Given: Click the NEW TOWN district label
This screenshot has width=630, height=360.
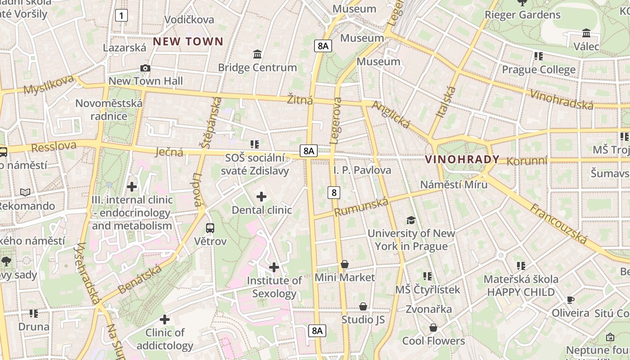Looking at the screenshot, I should [x=188, y=42].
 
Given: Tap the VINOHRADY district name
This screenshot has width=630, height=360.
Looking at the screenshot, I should [x=462, y=159].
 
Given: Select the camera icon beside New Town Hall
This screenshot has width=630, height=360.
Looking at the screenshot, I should [x=145, y=68].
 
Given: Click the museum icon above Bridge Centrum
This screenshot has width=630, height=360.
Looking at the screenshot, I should [x=257, y=54].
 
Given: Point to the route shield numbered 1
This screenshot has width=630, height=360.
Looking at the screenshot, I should [x=121, y=16].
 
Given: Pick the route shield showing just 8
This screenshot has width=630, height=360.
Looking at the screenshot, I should [x=333, y=193].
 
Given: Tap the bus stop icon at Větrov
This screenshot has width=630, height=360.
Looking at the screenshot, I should [x=210, y=228].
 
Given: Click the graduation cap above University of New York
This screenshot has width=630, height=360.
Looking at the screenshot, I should [x=411, y=220].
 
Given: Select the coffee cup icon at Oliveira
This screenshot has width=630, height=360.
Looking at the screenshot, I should [x=570, y=300].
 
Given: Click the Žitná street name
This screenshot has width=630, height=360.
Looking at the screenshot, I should [x=300, y=99].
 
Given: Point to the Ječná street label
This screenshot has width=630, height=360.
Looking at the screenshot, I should [x=169, y=152].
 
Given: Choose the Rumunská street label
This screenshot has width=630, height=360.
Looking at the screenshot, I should [x=361, y=207].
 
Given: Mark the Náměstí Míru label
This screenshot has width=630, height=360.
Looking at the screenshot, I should [x=454, y=184].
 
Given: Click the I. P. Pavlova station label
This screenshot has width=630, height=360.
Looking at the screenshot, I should [x=362, y=170].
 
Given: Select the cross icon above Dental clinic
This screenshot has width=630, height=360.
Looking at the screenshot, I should [x=261, y=196].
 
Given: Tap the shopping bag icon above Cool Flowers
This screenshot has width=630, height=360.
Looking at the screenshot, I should [x=433, y=327].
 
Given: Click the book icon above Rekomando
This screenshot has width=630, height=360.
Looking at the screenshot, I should [x=25, y=192].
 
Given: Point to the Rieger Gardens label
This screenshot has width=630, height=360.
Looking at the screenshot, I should [x=522, y=15].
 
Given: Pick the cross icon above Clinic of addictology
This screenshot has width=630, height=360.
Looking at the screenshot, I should [x=165, y=319].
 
